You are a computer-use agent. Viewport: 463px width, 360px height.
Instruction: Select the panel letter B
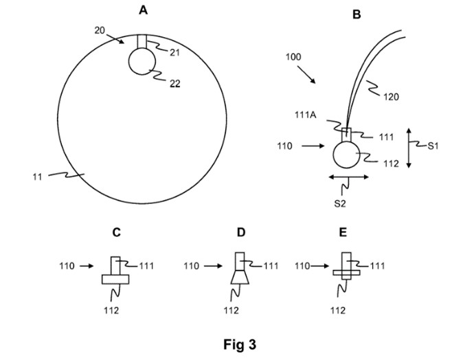click(357, 12)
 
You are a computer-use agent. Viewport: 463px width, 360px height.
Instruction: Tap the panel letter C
click(117, 233)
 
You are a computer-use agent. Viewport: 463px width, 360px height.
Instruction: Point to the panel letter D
click(241, 233)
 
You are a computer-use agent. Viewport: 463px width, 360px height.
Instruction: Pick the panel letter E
click(343, 233)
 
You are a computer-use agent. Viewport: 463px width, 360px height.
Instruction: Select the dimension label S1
click(433, 146)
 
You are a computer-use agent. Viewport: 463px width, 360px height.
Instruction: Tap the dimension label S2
click(350, 204)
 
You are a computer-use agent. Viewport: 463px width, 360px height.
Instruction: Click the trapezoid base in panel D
click(240, 278)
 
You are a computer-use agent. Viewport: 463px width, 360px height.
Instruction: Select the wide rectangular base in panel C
click(116, 279)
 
